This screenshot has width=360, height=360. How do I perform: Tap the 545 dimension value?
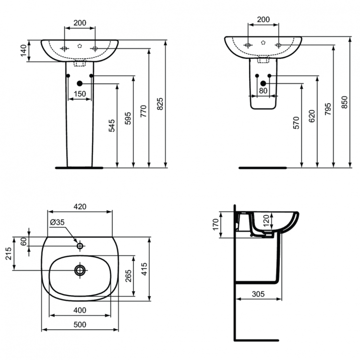point(112,125)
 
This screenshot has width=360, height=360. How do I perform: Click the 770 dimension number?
point(144,112)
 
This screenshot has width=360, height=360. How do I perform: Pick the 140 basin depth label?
point(23,51)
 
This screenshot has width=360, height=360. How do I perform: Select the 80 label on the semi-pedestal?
point(263,90)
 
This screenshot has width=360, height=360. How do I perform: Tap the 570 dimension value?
point(296,123)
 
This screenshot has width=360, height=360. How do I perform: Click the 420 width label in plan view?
point(80,206)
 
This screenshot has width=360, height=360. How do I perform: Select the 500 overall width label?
point(80,324)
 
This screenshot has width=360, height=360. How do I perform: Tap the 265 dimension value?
point(128,276)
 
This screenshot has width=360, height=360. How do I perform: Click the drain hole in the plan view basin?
point(80,270)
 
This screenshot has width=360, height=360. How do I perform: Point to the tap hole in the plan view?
point(80,246)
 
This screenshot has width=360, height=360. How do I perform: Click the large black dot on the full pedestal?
point(80,83)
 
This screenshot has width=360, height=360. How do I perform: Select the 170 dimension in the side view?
point(216,224)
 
